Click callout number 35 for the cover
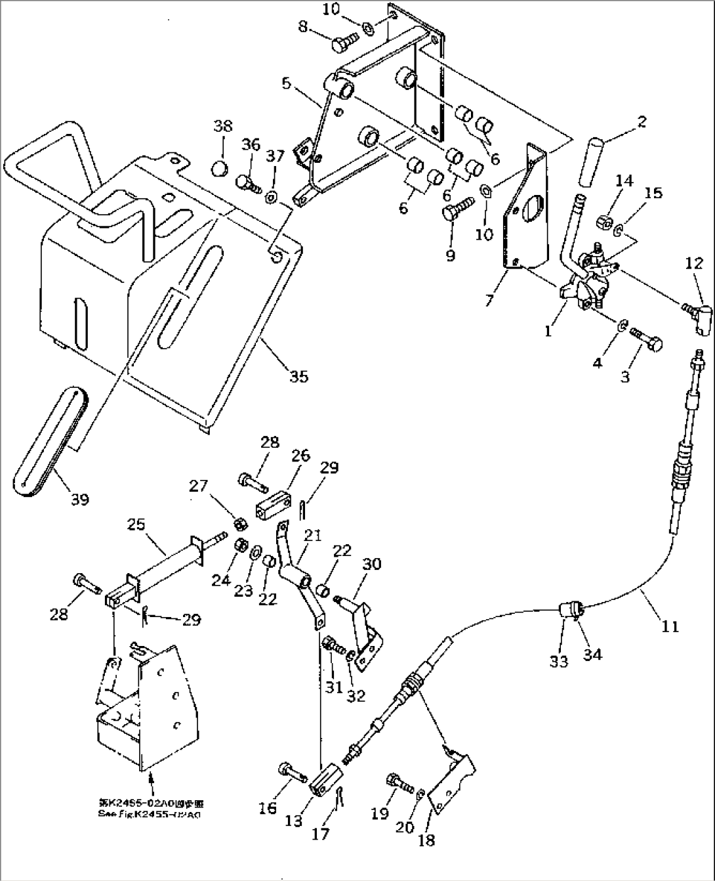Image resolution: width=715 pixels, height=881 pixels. point(298,376)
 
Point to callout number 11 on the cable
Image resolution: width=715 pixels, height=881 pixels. point(669,626)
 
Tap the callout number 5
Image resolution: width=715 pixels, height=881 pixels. point(286,84)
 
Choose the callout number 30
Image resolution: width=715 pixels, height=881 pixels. point(371,564)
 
